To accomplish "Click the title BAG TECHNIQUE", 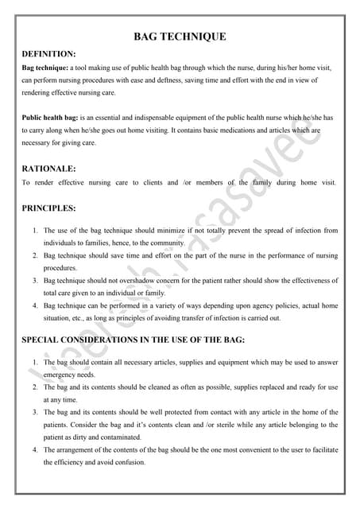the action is (x=180, y=37).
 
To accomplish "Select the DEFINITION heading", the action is (x=49, y=54).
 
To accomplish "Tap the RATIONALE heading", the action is (x=48, y=169).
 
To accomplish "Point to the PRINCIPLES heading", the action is (x=48, y=208).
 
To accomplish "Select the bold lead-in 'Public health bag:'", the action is (x=52, y=118).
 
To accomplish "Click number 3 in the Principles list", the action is (x=35, y=281).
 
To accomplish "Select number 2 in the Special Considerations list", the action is (x=35, y=387).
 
